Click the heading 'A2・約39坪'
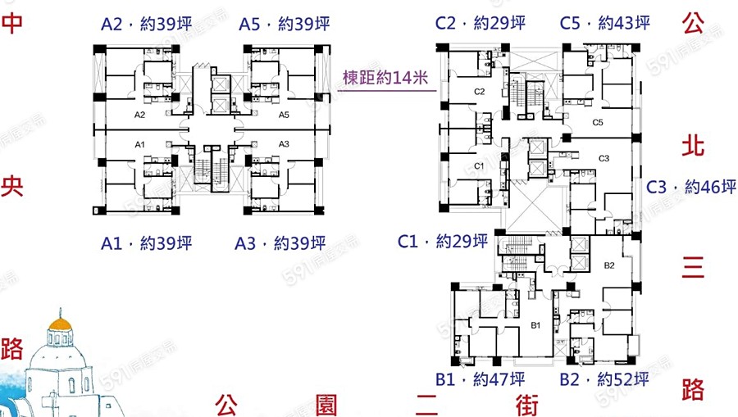pos(147,25)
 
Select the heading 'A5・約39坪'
pos(284,25)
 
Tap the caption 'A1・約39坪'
pos(147,243)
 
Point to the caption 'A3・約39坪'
pos(280,243)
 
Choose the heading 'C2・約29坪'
pos(481,23)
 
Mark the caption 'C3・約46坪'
pos(691,187)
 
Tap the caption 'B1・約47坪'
pos(481,379)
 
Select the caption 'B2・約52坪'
pos(604,379)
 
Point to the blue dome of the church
pos(60,332)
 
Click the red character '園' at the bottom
pos(326,404)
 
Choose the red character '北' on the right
pos(693,146)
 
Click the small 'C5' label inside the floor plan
pos(598,122)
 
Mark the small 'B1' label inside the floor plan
pos(536,326)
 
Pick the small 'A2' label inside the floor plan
pos(139,115)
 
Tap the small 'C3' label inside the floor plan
pos(604,157)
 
